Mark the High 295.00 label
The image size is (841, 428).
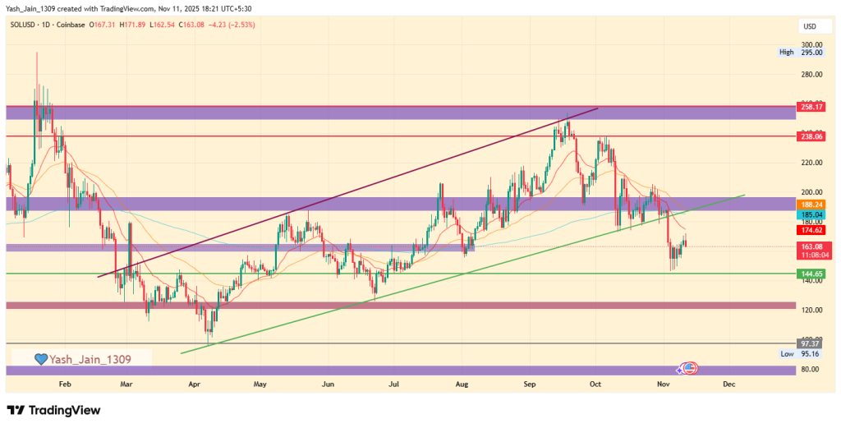pos(801,53)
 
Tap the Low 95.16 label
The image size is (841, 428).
pos(801,353)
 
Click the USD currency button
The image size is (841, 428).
pos(809,27)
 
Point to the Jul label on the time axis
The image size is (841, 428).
pos(394,384)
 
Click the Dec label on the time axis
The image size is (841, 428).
pos(728,384)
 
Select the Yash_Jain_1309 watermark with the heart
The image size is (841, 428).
pos(81,359)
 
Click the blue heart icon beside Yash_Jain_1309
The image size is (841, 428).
pos(40,359)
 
